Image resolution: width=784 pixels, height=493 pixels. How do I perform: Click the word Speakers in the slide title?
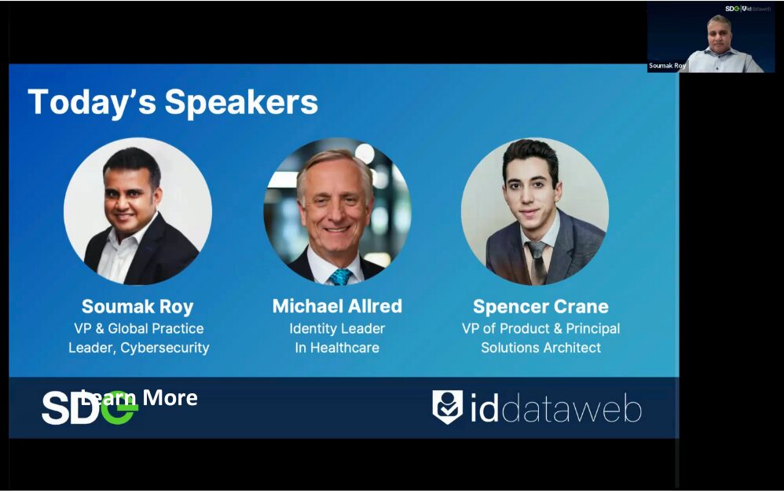pyautogui.click(x=241, y=103)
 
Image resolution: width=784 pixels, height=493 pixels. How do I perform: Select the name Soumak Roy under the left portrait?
pyautogui.click(x=137, y=307)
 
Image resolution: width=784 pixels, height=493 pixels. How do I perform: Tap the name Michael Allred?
pyautogui.click(x=337, y=306)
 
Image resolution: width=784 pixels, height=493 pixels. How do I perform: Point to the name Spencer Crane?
pyautogui.click(x=540, y=307)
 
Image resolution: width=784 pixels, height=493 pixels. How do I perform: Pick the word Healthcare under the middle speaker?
pyautogui.click(x=345, y=348)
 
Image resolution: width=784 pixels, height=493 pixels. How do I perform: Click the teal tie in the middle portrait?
pyautogui.click(x=340, y=276)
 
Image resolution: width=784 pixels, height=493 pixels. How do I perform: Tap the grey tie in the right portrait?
pyautogui.click(x=537, y=262)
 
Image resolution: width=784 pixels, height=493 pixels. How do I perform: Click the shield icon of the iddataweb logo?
pyautogui.click(x=448, y=407)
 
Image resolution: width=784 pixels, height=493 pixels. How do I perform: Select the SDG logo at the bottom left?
pyautogui.click(x=89, y=407)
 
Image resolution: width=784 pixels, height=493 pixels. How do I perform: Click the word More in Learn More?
pyautogui.click(x=170, y=398)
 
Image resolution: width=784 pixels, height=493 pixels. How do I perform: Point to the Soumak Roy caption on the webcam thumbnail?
pyautogui.click(x=667, y=66)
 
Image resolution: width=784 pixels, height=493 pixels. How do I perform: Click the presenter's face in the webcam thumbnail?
pyautogui.click(x=720, y=33)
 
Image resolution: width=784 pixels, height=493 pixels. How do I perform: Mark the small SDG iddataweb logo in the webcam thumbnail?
pyautogui.click(x=748, y=9)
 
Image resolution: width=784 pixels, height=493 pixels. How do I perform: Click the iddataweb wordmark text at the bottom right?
pyautogui.click(x=555, y=408)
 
